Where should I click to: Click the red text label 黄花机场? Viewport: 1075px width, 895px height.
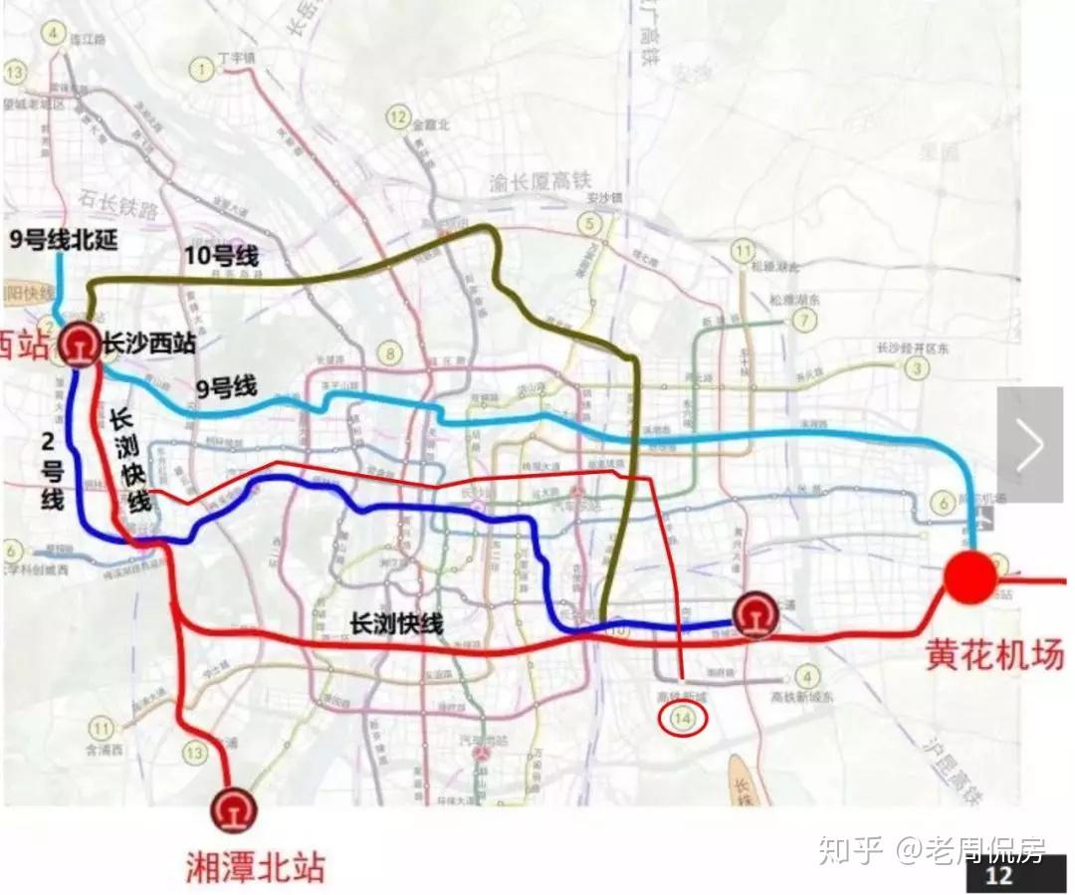click(995, 653)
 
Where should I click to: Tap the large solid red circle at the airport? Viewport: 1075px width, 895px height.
click(969, 577)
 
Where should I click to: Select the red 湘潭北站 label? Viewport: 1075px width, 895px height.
click(255, 867)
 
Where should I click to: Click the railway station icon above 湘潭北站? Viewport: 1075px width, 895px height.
click(235, 808)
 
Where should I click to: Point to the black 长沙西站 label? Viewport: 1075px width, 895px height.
click(148, 344)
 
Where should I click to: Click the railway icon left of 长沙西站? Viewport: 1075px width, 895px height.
click(77, 344)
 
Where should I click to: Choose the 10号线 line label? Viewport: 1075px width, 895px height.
click(222, 256)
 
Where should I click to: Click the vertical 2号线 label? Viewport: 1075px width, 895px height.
click(53, 470)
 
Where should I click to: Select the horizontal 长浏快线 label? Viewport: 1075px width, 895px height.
click(396, 624)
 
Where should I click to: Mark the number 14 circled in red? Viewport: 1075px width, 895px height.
click(682, 717)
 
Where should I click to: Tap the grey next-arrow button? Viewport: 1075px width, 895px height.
click(1029, 444)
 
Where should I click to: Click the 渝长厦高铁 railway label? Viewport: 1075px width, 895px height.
click(540, 181)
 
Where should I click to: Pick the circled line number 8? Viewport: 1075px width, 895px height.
click(391, 353)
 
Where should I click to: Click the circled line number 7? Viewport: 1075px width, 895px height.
click(801, 321)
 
